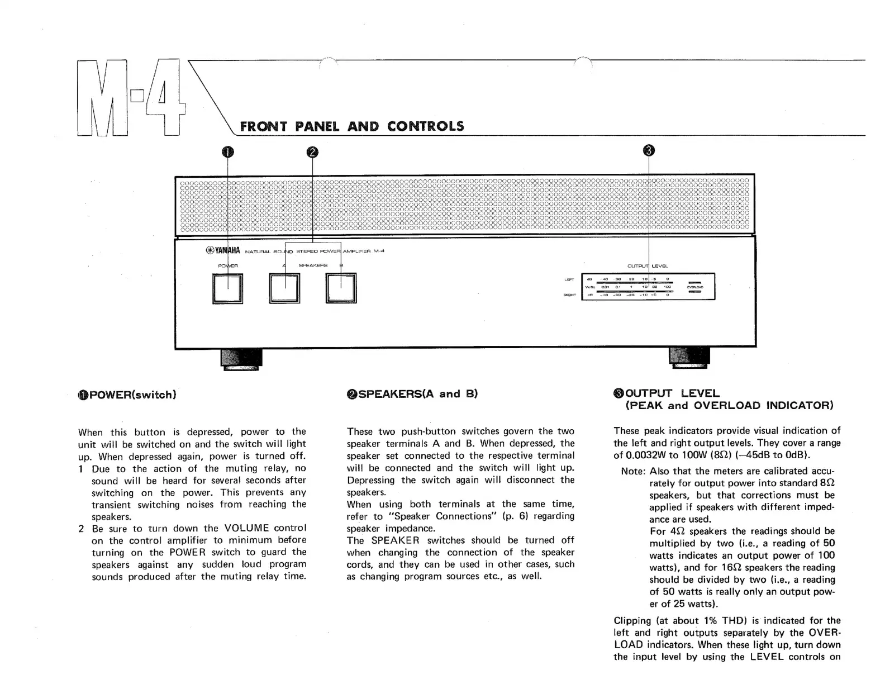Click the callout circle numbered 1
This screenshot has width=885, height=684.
pyautogui.click(x=228, y=151)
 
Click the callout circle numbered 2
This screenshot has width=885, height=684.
pyautogui.click(x=312, y=151)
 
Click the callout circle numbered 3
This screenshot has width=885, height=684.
pyautogui.click(x=649, y=150)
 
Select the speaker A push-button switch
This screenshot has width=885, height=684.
pyautogui.click(x=285, y=288)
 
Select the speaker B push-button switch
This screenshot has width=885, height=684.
pyautogui.click(x=341, y=288)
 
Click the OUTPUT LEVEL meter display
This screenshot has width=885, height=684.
pyautogui.click(x=648, y=287)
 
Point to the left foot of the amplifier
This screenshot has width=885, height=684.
pyautogui.click(x=241, y=359)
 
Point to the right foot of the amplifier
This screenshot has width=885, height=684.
pyautogui.click(x=689, y=358)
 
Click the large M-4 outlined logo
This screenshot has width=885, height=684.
pyautogui.click(x=130, y=98)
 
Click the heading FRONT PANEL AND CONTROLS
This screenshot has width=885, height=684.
pyautogui.click(x=352, y=126)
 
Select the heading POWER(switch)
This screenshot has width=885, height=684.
pyautogui.click(x=127, y=395)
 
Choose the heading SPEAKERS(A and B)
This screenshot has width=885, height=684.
pyautogui.click(x=412, y=394)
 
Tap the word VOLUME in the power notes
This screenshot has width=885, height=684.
pyautogui.click(x=246, y=528)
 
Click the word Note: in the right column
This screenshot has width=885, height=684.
pyautogui.click(x=633, y=472)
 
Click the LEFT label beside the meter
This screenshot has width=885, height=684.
pyautogui.click(x=569, y=280)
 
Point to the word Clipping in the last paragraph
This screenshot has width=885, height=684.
pyautogui.click(x=632, y=621)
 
